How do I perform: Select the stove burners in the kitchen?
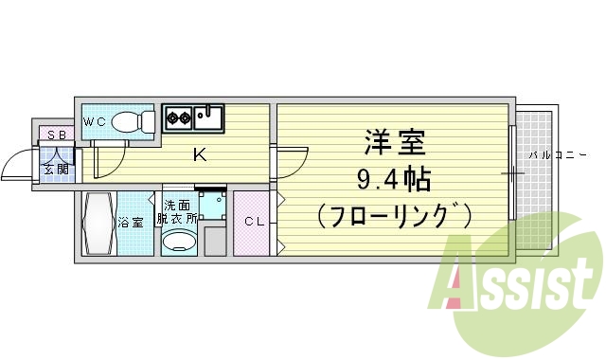(x=179, y=118)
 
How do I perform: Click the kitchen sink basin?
(x=211, y=117)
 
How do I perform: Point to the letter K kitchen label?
(x=200, y=154)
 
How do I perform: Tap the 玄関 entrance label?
(x=55, y=171)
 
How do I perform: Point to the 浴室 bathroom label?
(x=131, y=224)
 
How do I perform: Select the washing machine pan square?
(x=213, y=206)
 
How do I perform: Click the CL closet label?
(x=255, y=223)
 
